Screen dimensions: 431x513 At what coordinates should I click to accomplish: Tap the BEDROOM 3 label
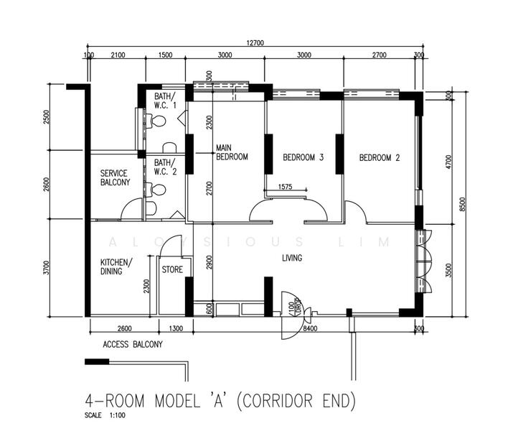point(303,157)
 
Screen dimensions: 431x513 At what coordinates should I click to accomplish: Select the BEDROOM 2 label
point(380,157)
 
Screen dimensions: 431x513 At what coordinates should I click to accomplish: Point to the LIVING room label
point(291,258)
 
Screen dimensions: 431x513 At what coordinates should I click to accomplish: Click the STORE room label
point(172,270)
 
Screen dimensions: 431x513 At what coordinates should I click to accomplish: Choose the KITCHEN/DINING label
point(116,267)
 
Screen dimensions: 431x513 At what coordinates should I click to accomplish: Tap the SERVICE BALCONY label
point(115,177)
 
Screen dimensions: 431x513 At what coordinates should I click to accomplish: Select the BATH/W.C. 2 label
point(164,167)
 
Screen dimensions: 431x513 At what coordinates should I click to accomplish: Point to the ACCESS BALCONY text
point(133,344)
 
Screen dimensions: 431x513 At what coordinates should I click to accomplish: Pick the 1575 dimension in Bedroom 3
point(286,187)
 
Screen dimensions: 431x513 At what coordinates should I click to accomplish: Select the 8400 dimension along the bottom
point(311,328)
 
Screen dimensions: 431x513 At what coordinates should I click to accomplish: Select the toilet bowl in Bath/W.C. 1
point(156,121)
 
